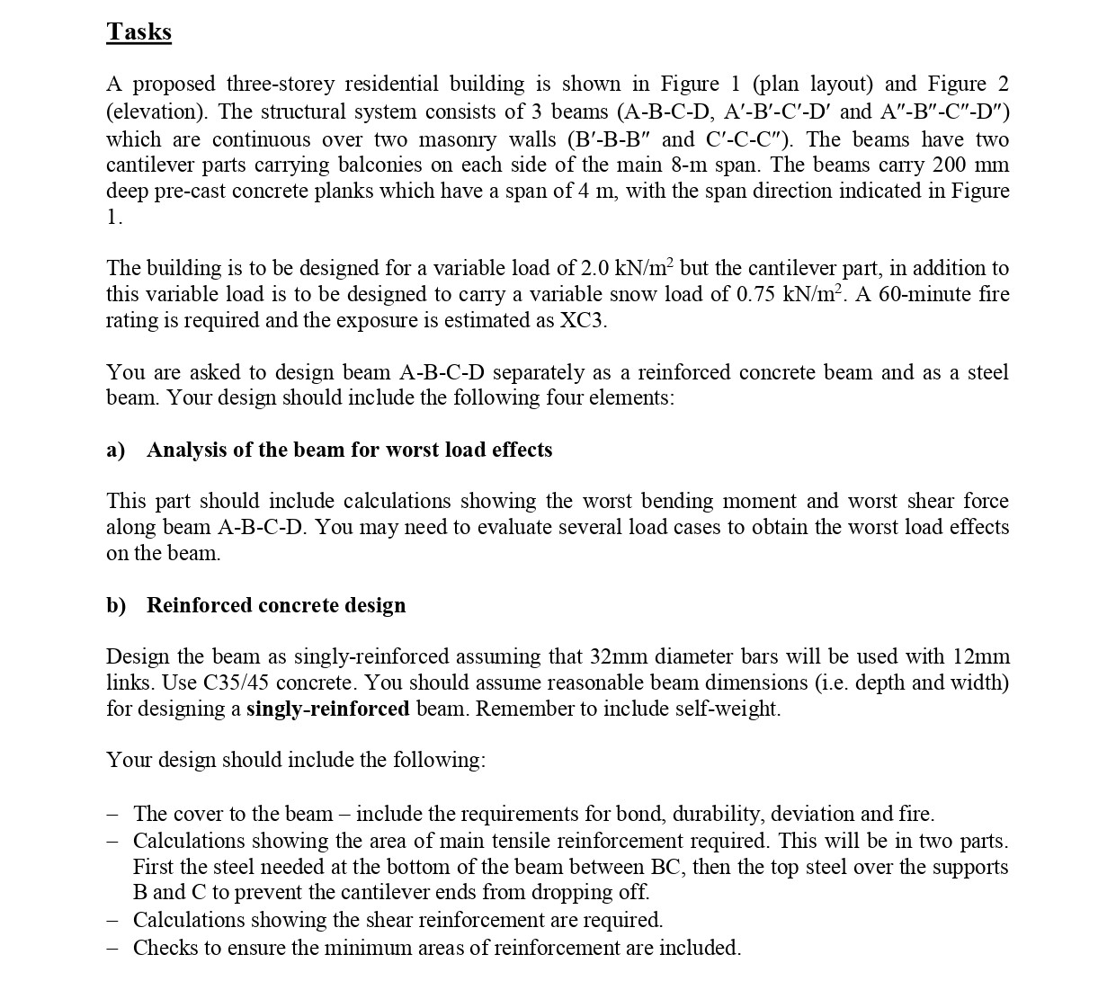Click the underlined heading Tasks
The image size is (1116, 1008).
coord(138,31)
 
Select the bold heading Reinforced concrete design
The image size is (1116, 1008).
coord(276,605)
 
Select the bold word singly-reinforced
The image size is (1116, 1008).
coord(328,709)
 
